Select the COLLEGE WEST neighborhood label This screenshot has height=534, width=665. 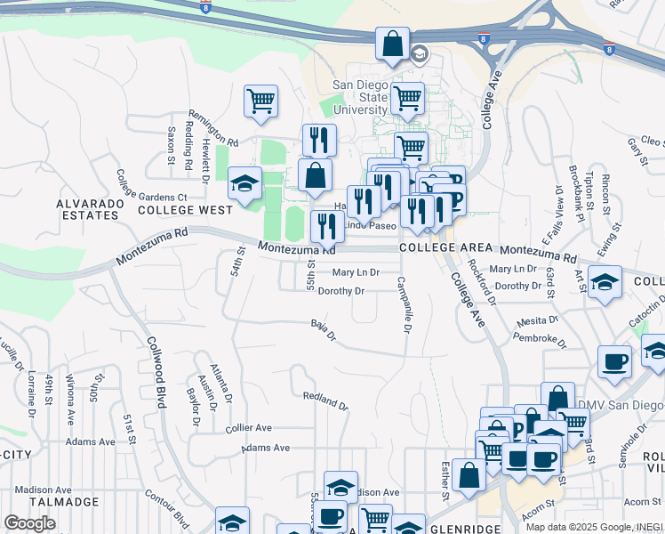click(185, 210)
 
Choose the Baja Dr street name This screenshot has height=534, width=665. click(324, 330)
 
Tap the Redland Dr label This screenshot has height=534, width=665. click(325, 400)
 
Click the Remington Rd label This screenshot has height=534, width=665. click(213, 129)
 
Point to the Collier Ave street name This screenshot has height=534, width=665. click(249, 428)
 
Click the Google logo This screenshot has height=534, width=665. click(29, 522)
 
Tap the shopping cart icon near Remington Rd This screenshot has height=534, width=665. click(260, 101)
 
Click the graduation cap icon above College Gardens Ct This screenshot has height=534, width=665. click(244, 182)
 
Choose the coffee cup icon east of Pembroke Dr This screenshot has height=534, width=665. click(614, 361)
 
